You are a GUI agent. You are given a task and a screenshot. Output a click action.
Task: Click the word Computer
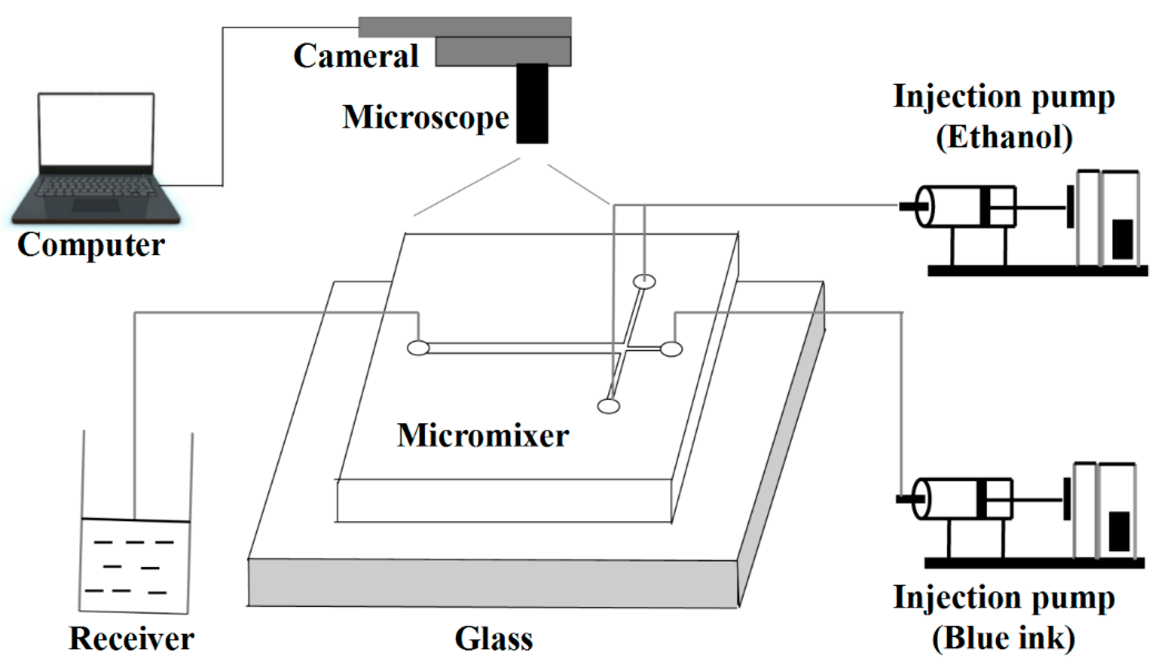(x=91, y=245)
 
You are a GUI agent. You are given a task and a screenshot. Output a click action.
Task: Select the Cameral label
(x=356, y=56)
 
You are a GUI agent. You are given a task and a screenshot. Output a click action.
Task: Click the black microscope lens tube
(x=532, y=103)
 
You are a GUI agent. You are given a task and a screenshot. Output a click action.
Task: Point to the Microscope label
(x=426, y=117)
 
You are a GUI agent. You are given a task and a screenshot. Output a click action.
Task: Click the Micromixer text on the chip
(x=483, y=435)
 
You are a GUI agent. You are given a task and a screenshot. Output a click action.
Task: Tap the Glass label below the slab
(x=494, y=639)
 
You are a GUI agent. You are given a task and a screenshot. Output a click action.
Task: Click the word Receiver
(x=132, y=639)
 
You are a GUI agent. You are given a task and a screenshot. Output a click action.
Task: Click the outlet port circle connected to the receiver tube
(x=418, y=349)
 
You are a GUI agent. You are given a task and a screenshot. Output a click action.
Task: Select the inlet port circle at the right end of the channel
(x=671, y=349)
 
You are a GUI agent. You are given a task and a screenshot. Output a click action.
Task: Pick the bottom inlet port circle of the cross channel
(x=608, y=406)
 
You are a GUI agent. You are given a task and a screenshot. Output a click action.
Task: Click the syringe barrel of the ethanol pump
(x=955, y=207)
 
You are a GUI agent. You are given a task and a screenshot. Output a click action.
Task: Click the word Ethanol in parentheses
(x=1004, y=137)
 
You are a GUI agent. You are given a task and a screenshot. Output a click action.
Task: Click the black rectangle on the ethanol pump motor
(x=1122, y=239)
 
